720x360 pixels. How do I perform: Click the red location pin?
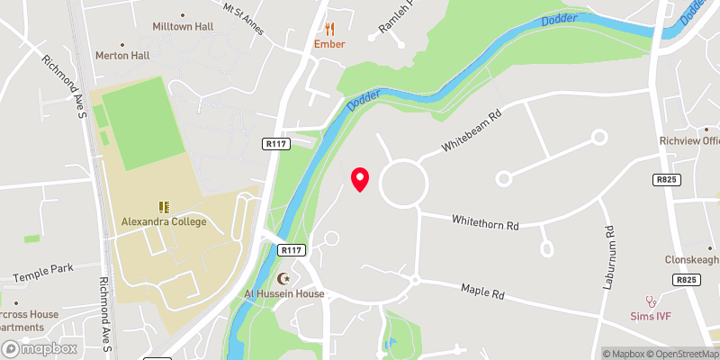(360, 179)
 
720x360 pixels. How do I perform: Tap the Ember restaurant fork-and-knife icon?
(329, 29)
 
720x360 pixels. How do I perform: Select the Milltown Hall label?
(183, 27)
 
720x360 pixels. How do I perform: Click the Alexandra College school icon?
(165, 207)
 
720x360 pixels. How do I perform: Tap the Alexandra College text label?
(165, 221)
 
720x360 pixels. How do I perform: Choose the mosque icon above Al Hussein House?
(285, 279)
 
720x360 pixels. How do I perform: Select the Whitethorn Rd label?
(486, 220)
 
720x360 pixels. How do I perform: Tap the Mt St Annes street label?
(244, 17)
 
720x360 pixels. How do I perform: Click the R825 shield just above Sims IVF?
(686, 281)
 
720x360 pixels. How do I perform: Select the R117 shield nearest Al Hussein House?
(290, 250)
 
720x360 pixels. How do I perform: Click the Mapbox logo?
(39, 348)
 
